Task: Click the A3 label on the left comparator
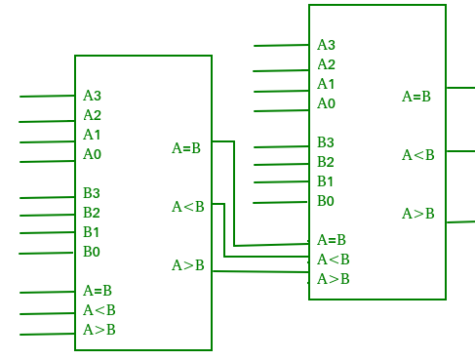[x=92, y=96]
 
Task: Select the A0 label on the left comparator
[x=92, y=154]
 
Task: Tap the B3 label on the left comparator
[x=92, y=193]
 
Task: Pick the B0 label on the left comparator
[x=92, y=252]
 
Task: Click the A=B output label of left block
[x=186, y=148]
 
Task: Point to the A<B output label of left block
[x=188, y=207]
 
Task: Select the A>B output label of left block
[x=188, y=265]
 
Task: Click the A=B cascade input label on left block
[x=98, y=291]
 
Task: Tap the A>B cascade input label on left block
[x=99, y=330]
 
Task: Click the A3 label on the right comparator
[x=326, y=45]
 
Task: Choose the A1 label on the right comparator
[x=326, y=84]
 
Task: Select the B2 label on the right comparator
[x=326, y=162]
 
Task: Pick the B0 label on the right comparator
[x=326, y=201]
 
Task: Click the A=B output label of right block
[x=416, y=96]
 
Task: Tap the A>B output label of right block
[x=418, y=214]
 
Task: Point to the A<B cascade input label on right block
[x=334, y=260]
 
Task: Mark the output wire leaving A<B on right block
[x=460, y=151]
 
